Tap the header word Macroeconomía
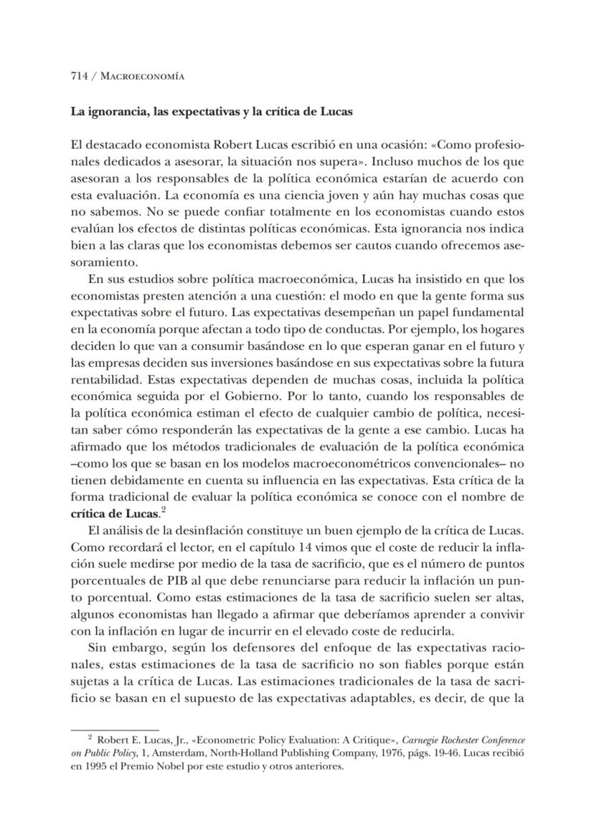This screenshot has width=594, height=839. click(x=142, y=77)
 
